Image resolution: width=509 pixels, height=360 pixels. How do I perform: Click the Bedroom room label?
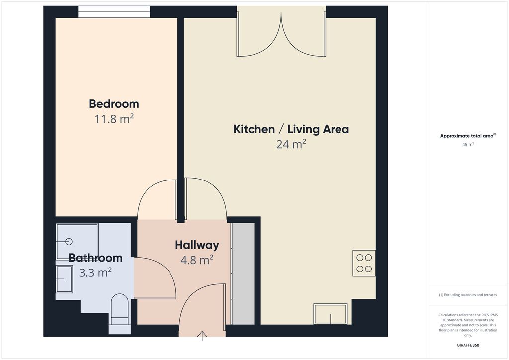coord(114,104)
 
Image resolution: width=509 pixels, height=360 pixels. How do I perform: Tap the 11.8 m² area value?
coord(114,119)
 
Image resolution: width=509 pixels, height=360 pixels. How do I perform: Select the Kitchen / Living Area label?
coord(291,129)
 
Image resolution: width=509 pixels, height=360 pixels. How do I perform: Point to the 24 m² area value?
coord(291,144)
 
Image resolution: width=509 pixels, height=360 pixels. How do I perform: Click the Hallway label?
coord(197,245)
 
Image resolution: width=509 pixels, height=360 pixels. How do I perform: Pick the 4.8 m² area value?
coord(197,260)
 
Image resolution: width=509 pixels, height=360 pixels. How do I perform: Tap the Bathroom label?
coord(95,258)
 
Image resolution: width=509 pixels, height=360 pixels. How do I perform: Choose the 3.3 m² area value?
coord(95,272)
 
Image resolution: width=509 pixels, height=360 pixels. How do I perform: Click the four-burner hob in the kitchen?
coord(364,263)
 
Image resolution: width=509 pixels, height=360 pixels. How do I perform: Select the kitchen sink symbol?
coord(331,314)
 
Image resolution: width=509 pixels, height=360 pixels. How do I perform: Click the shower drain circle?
coord(69,242)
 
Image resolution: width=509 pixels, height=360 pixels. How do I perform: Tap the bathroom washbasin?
coord(64,279)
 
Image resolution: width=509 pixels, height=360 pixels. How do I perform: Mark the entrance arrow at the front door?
coord(202,336)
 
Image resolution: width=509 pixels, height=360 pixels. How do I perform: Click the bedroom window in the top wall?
coord(114,12)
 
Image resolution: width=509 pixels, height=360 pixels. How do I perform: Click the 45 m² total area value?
coord(468,145)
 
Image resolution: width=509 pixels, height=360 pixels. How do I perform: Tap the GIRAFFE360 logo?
coord(468,345)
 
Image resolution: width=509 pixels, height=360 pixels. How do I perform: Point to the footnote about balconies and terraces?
coord(468,295)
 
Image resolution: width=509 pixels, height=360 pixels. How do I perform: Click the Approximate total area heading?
coord(468,136)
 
